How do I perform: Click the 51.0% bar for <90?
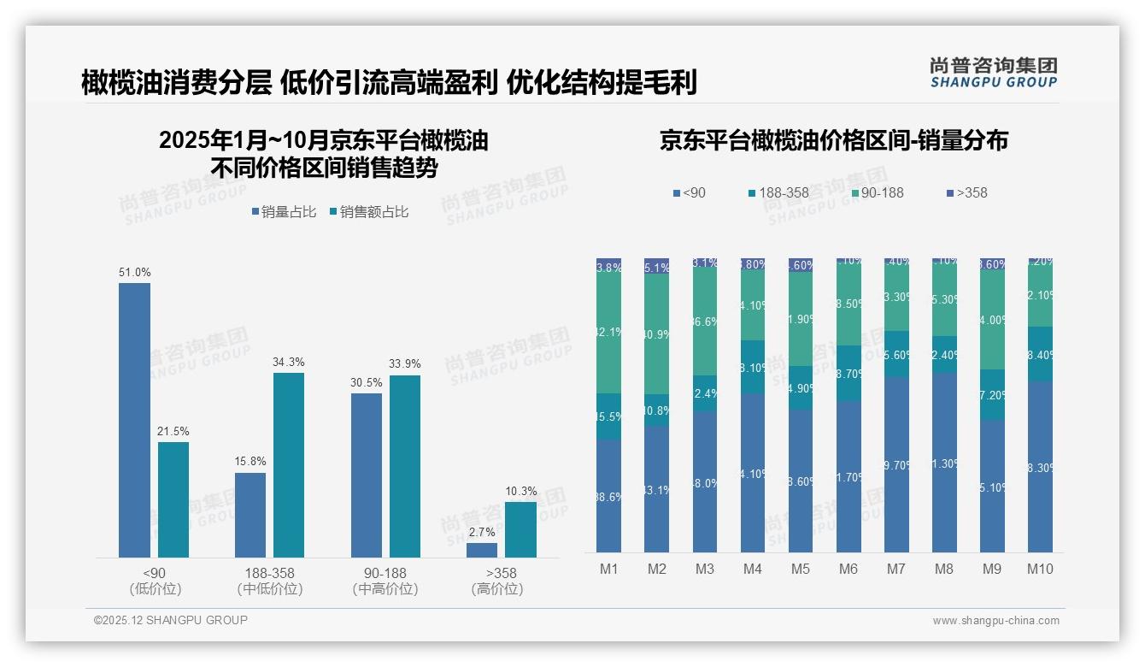134,420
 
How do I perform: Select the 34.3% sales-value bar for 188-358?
289,465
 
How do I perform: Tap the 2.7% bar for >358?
482,550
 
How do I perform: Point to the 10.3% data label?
521,492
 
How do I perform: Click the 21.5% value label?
173,432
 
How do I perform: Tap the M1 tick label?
608,569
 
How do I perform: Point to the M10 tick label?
1039,569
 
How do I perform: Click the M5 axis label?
800,569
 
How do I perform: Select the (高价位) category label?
496,589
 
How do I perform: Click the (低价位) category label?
156,589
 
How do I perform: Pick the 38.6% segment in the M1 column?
608,496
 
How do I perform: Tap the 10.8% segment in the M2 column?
656,410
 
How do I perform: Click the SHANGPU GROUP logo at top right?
993,73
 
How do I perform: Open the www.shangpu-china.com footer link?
995,621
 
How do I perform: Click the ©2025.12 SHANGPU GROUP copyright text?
171,620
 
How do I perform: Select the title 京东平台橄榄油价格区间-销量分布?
833,141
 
